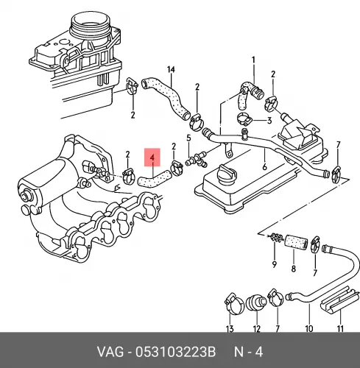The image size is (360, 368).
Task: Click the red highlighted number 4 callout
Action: (x=152, y=158)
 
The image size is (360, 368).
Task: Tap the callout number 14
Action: (x=171, y=70)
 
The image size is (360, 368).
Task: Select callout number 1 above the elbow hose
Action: (x=253, y=60)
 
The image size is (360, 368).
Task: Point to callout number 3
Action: (x=269, y=121)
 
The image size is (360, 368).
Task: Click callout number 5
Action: (x=188, y=138)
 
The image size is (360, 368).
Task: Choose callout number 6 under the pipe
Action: (x=264, y=167)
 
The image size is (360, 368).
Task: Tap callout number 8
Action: (x=294, y=269)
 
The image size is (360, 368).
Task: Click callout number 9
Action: (x=275, y=264)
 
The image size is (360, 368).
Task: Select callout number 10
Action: (x=308, y=328)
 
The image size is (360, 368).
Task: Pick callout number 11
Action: (x=340, y=328)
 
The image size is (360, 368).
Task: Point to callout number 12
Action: (x=256, y=328)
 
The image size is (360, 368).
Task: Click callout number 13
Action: (x=230, y=328)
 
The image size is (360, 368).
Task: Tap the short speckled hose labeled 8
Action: (x=296, y=241)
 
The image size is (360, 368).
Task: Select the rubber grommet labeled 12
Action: (x=256, y=302)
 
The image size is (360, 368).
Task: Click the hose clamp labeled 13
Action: (x=233, y=303)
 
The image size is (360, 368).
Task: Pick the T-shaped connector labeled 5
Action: (x=197, y=160)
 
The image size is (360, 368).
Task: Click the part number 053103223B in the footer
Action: (x=175, y=353)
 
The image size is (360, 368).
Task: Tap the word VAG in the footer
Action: (x=110, y=353)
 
